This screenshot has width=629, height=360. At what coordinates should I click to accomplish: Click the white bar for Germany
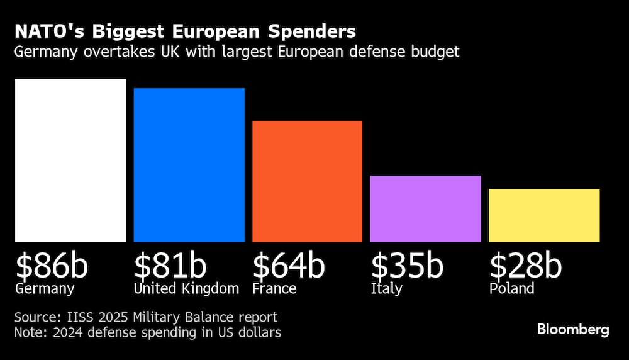(70, 160)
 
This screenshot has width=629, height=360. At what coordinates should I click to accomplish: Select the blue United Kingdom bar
(189, 165)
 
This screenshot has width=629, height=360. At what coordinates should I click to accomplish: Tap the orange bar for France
(307, 181)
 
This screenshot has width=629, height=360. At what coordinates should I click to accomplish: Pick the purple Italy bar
(425, 208)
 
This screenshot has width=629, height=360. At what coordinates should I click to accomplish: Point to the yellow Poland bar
(544, 215)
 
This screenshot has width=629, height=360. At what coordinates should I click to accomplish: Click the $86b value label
(52, 266)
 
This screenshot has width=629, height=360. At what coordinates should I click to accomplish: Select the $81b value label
(170, 266)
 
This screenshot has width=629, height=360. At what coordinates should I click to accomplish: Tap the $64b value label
(288, 266)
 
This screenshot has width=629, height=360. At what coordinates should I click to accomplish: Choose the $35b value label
(406, 266)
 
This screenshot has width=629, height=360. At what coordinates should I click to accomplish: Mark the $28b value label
(525, 266)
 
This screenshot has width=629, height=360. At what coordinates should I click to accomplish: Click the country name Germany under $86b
(45, 290)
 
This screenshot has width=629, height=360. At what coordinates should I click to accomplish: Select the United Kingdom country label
(186, 289)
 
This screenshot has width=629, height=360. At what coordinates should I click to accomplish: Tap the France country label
(274, 289)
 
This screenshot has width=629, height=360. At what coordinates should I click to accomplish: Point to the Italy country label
(385, 290)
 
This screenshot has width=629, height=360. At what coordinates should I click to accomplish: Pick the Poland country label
(511, 289)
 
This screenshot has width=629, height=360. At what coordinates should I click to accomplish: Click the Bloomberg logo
(573, 330)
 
